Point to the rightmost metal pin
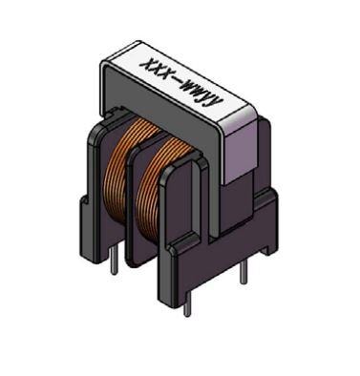pos(243,269)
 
